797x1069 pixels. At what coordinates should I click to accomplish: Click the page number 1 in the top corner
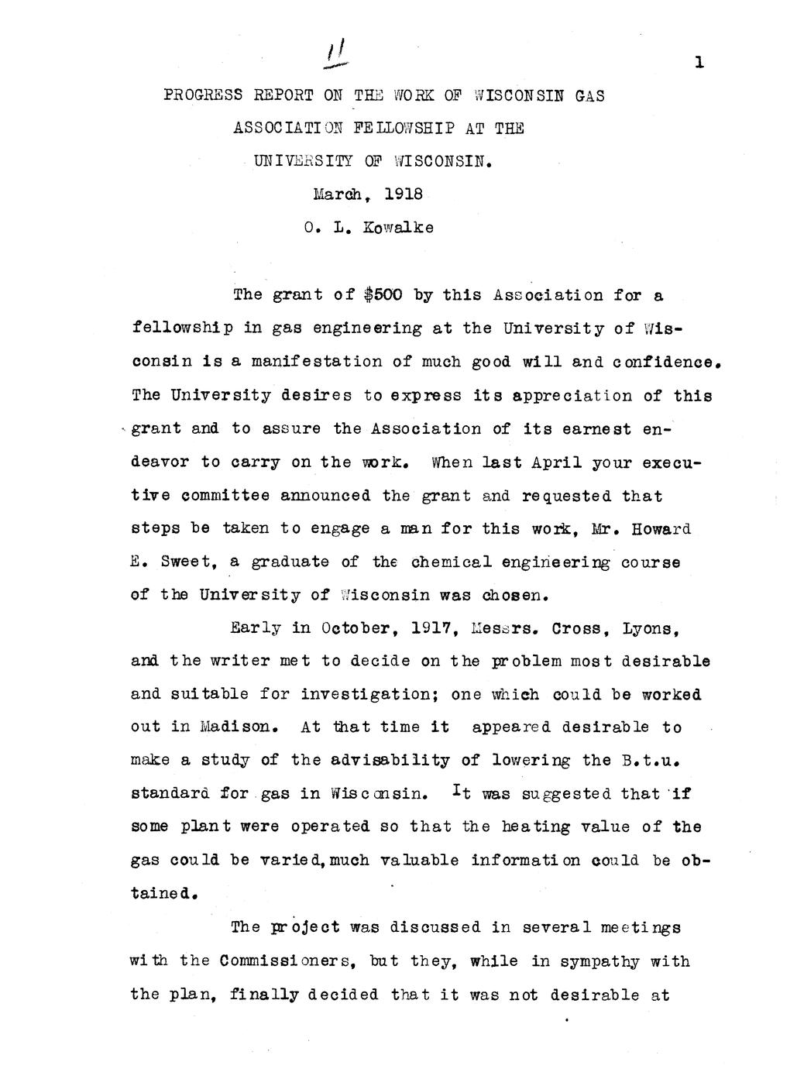tap(699, 63)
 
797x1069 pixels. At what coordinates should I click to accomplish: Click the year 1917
tap(426, 628)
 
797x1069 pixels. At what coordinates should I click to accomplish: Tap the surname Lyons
tap(651, 628)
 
